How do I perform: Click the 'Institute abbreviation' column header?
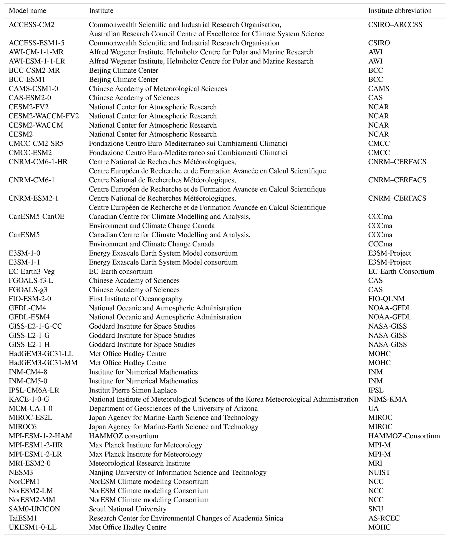pos(400,10)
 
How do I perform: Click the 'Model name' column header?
pos(27,10)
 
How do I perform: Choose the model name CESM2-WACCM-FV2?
pos(44,116)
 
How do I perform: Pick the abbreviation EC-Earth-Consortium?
pos(401,271)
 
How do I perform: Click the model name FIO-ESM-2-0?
pos(30,299)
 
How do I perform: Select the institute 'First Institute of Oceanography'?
pos(136,299)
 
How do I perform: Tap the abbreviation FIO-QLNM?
pos(386,299)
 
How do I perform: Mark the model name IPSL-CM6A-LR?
pos(34,390)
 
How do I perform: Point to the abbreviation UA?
pos(373,408)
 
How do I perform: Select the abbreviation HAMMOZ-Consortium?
pos(404,436)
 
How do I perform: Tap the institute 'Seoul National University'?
pos(128,509)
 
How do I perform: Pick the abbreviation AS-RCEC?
pos(384,518)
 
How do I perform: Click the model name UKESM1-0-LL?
pos(33,527)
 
